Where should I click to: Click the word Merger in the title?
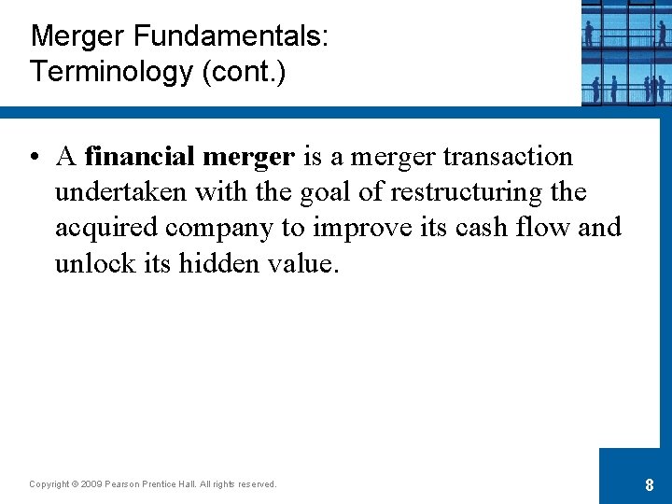pyautogui.click(x=78, y=37)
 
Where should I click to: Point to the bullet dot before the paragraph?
pyautogui.click(x=34, y=158)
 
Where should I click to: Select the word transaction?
pyautogui.click(x=508, y=157)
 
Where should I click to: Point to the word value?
pyautogui.click(x=301, y=263)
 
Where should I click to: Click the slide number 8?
pyautogui.click(x=649, y=485)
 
